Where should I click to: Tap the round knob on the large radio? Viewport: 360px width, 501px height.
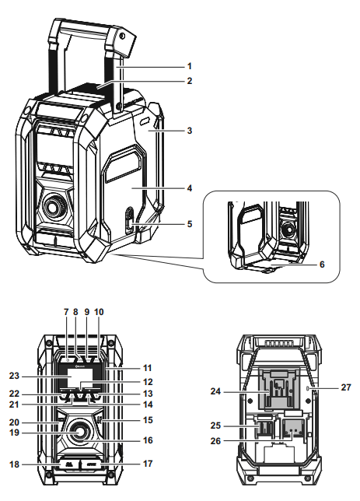pyautogui.click(x=55, y=206)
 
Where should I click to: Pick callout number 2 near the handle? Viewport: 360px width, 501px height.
pyautogui.click(x=188, y=80)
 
